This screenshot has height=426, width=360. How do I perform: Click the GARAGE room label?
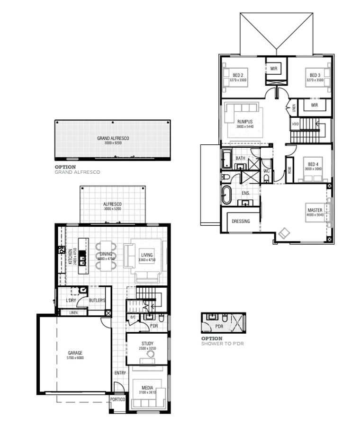(x=75, y=353)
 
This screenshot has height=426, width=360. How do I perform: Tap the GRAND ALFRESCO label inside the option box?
(x=113, y=138)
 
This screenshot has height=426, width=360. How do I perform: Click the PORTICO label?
(x=117, y=399)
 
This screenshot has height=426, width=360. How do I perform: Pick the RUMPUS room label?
(x=245, y=122)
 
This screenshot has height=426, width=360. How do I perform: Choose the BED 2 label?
(x=238, y=75)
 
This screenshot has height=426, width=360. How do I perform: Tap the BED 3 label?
(x=315, y=75)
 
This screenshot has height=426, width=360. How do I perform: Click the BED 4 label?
(x=313, y=164)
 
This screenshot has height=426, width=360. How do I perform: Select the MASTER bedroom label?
(x=315, y=210)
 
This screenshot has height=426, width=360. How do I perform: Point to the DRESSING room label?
(x=241, y=221)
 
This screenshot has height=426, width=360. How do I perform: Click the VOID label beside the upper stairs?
(x=296, y=124)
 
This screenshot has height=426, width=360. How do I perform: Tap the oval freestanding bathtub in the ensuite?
(x=226, y=195)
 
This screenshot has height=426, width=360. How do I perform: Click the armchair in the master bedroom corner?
(x=285, y=233)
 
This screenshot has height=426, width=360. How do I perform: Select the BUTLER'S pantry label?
(x=97, y=301)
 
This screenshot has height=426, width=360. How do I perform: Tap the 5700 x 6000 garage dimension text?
(x=75, y=358)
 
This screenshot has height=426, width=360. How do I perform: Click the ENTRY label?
(x=120, y=373)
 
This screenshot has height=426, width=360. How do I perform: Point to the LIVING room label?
(x=147, y=255)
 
